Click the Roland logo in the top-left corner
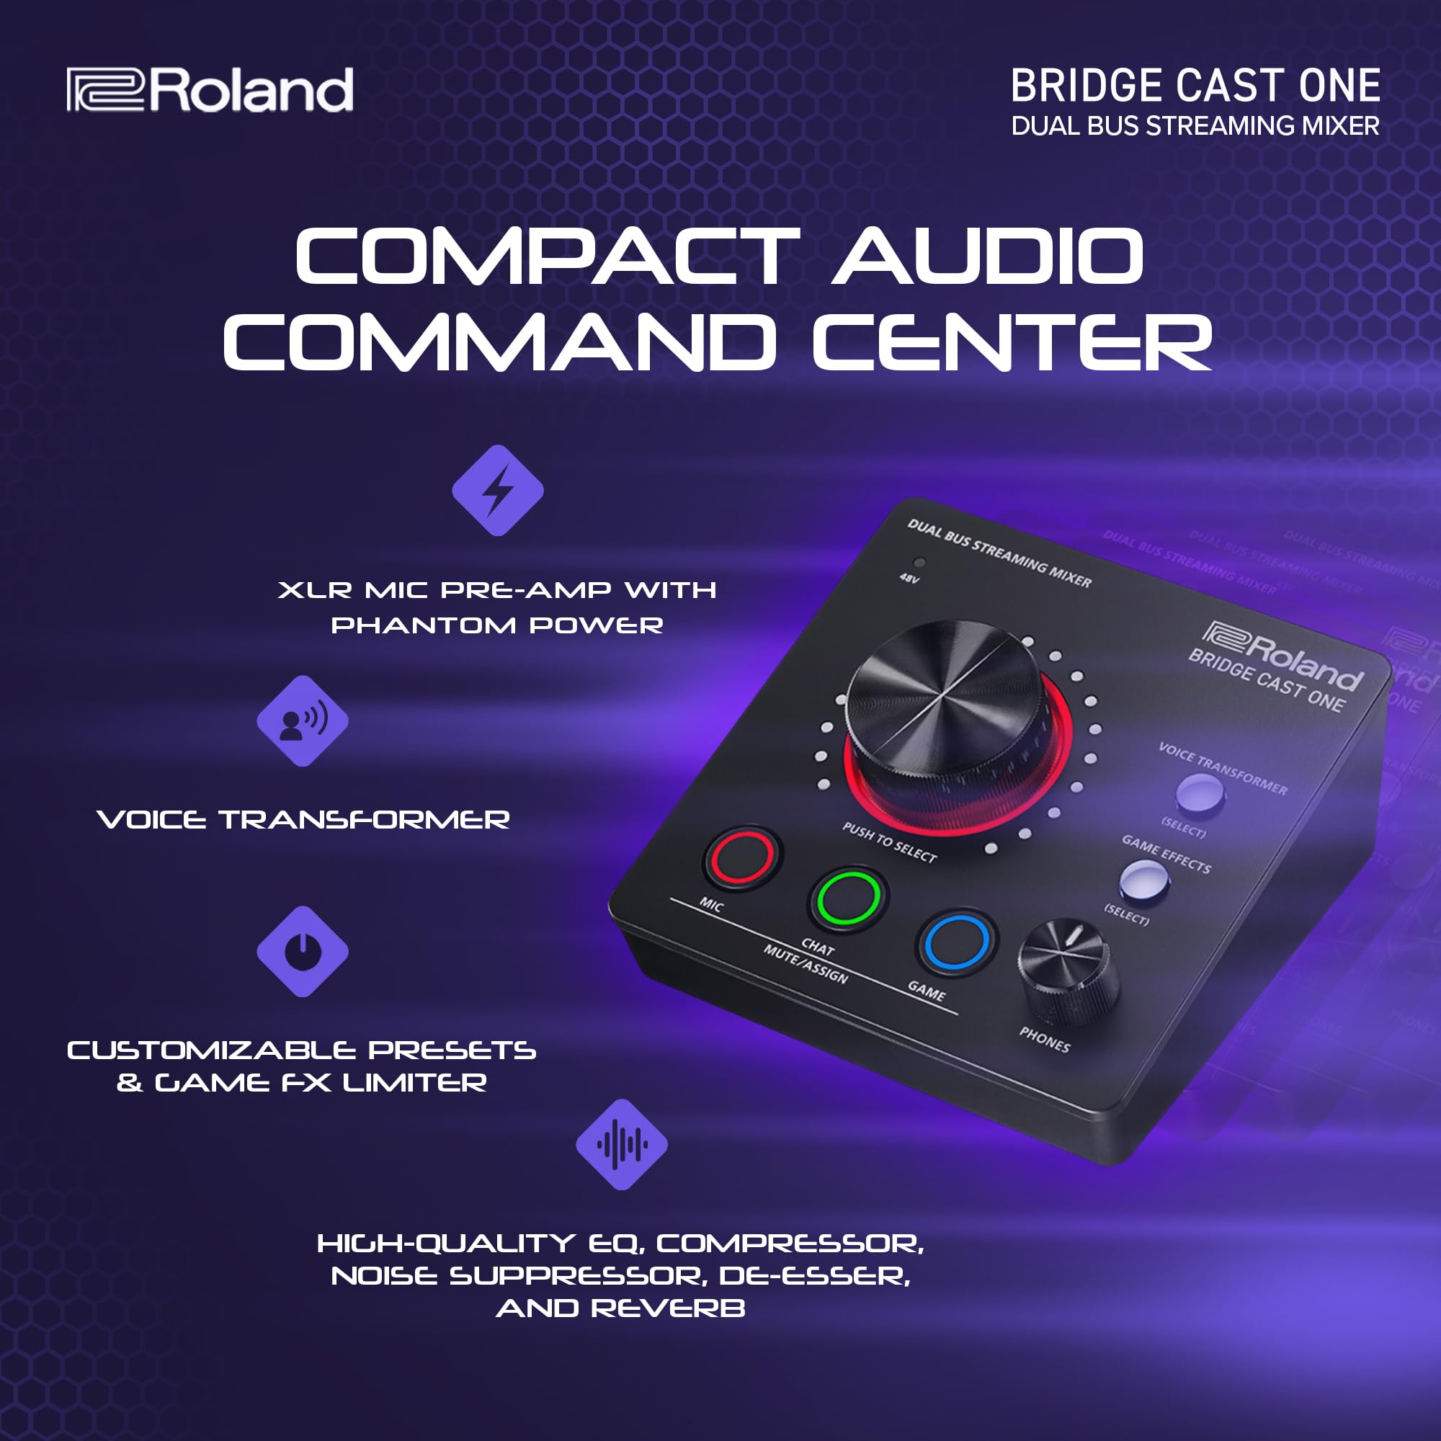(210, 89)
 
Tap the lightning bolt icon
(497, 490)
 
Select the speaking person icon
(302, 720)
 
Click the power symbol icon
(302, 951)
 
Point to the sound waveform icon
(621, 1144)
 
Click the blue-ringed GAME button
(955, 941)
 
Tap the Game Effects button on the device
(1143, 880)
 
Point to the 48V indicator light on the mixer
(919, 563)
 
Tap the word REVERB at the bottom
(669, 1308)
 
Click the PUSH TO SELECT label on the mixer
(889, 842)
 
